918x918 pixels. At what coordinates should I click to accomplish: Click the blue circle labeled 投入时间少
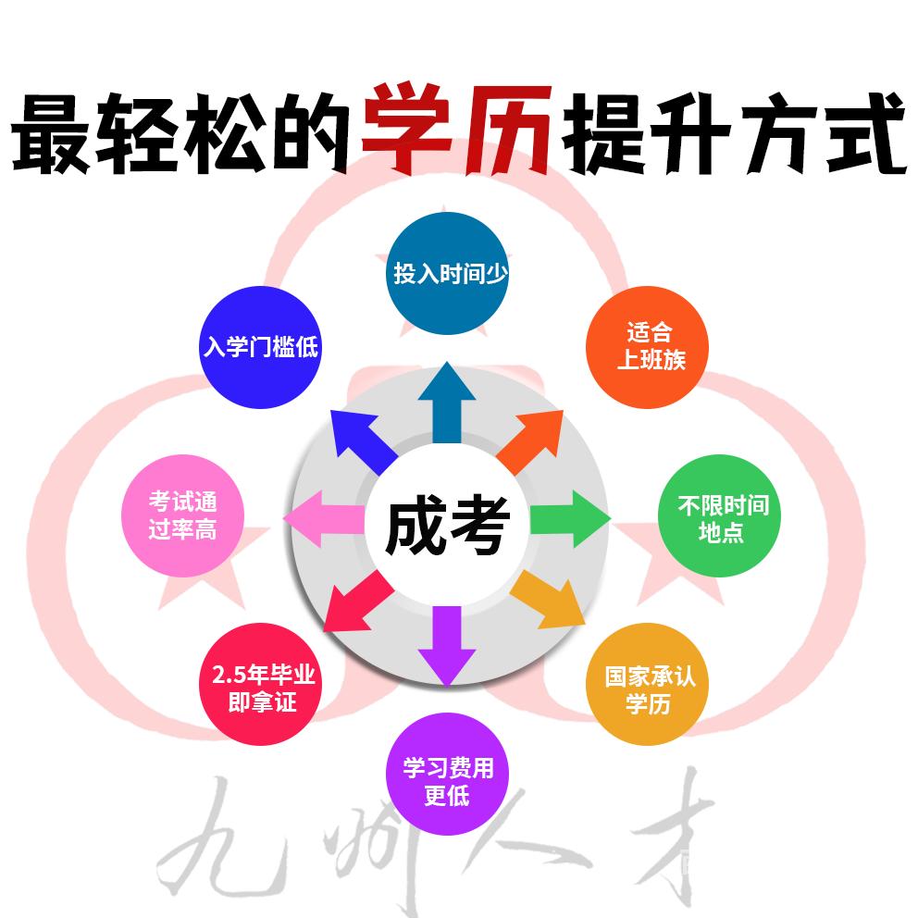coord(447,273)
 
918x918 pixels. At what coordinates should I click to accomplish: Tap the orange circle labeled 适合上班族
coord(648,347)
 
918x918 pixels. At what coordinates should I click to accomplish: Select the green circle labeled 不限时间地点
coord(720,515)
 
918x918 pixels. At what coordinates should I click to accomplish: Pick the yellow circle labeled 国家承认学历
coord(648,685)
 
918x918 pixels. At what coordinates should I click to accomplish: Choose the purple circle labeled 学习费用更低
coord(447,774)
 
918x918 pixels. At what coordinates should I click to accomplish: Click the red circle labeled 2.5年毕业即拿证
coord(261,685)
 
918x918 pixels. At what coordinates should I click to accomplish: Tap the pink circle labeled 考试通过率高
coord(182,515)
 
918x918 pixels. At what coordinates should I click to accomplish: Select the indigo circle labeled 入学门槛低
coord(261,347)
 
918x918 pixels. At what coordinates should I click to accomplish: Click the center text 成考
coord(447,525)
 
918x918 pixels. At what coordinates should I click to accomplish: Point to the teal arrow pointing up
coord(447,403)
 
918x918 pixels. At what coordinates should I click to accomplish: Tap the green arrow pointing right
coord(570,519)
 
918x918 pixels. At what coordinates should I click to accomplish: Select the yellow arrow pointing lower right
coord(548,600)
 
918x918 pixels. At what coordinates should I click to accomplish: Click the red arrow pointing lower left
coord(358,603)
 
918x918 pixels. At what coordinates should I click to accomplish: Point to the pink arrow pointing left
coord(323,519)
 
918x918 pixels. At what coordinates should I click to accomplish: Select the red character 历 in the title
coord(507,130)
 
